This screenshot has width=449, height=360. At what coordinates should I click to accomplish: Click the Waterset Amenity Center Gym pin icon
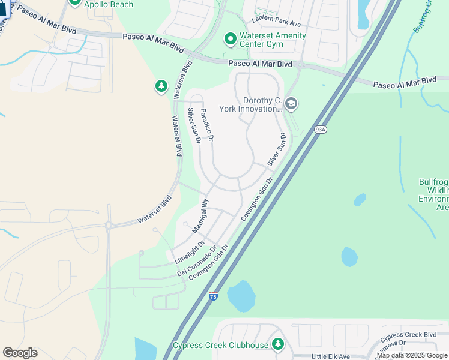[229, 40]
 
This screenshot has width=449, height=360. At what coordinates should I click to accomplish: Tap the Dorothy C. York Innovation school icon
[291, 104]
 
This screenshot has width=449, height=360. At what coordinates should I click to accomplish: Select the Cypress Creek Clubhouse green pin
[277, 344]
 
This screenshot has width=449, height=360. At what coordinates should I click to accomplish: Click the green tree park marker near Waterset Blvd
[161, 86]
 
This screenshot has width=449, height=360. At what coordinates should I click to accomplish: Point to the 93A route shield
[319, 130]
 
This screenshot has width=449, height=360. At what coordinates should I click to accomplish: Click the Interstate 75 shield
[213, 296]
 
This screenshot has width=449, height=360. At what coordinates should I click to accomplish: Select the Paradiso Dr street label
[207, 124]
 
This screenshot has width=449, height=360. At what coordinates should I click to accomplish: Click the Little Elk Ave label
[331, 356]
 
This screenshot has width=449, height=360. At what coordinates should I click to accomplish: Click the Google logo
[20, 353]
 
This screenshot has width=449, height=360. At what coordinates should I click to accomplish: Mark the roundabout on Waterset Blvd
[109, 226]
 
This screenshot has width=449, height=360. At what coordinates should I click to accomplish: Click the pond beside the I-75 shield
[240, 296]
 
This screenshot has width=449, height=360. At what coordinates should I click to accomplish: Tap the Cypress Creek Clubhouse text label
[220, 345]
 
